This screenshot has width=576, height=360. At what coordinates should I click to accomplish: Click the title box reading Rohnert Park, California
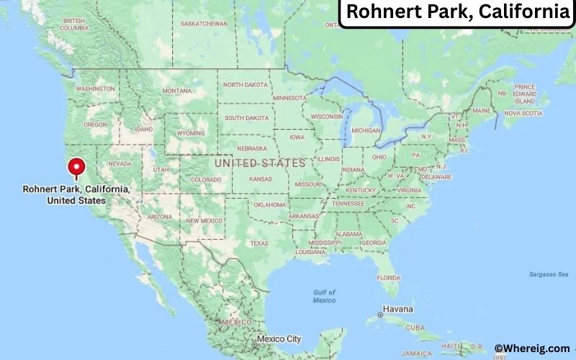tap(456, 12)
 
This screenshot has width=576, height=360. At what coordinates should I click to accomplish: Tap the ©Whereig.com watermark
tap(532, 348)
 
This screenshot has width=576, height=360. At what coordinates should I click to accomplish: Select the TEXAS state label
tap(260, 244)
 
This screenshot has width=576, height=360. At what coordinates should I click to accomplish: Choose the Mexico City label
tap(279, 338)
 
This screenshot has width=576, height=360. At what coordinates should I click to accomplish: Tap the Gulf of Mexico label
tap(325, 296)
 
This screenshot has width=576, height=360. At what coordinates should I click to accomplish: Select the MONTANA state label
tap(176, 91)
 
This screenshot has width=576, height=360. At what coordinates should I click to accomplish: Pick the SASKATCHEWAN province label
tap(204, 24)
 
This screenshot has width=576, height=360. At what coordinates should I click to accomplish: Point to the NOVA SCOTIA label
tap(522, 113)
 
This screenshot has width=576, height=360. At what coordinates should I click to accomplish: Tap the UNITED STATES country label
tap(259, 163)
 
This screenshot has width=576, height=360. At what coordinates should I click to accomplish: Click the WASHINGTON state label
tap(95, 89)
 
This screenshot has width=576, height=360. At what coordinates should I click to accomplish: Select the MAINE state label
tap(481, 110)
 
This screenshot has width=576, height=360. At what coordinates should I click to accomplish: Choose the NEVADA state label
tap(119, 163)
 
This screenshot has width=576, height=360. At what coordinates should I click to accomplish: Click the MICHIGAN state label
tap(366, 130)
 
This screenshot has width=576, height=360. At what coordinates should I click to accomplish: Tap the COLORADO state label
tap(206, 179)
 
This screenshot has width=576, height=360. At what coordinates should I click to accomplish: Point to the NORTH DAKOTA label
tap(245, 85)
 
